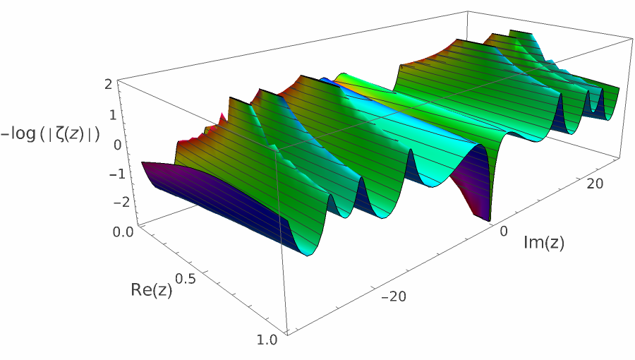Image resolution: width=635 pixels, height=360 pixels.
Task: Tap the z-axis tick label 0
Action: (x=109, y=145)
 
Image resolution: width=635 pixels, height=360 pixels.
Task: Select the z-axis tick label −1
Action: (x=104, y=174)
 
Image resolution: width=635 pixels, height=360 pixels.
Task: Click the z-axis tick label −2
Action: (x=105, y=202)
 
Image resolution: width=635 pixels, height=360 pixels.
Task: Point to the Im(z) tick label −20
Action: (x=392, y=296)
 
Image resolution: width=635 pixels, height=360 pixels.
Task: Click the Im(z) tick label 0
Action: (x=504, y=232)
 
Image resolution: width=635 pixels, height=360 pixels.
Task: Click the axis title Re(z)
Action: (x=152, y=289)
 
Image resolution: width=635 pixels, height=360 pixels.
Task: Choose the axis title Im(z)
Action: (x=544, y=244)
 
